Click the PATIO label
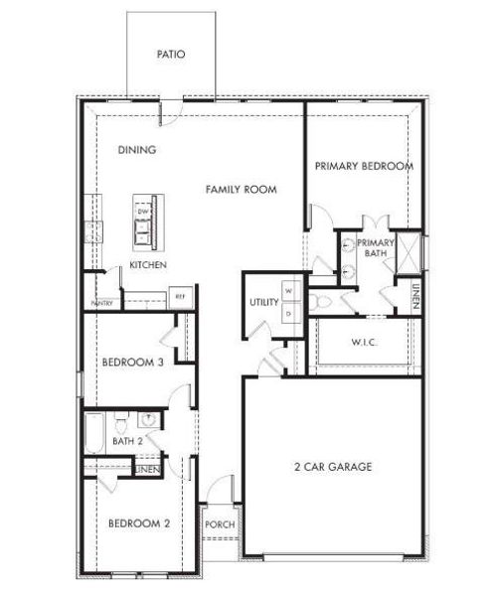(171, 55)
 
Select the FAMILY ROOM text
(241, 189)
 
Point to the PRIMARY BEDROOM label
(364, 166)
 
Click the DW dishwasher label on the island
(143, 213)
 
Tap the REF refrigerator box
(181, 296)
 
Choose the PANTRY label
(100, 303)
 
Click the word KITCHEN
(147, 265)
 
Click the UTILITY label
(263, 302)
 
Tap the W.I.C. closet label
(364, 343)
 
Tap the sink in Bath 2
(147, 419)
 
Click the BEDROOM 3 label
(132, 363)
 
